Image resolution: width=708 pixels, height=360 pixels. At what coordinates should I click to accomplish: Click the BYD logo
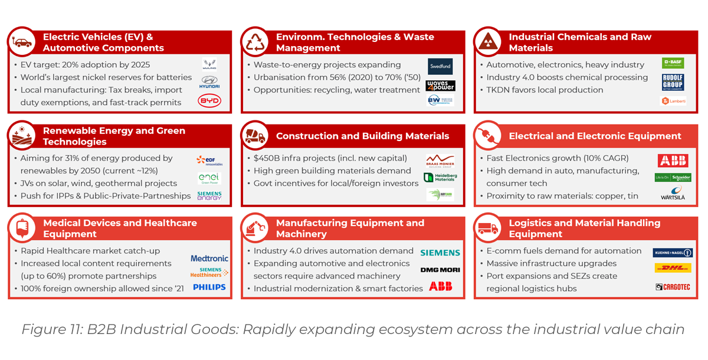tap(209, 101)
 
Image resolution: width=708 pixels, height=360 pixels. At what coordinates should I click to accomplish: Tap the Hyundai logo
tap(209, 82)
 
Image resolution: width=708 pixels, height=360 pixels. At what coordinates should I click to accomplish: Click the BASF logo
tap(673, 63)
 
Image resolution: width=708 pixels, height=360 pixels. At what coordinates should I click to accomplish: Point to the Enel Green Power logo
tap(209, 178)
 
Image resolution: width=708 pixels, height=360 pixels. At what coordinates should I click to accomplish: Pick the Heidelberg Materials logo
tap(440, 177)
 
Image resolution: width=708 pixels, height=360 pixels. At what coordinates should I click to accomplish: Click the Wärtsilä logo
tap(673, 194)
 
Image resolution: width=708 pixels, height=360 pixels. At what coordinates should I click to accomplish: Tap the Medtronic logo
tap(209, 258)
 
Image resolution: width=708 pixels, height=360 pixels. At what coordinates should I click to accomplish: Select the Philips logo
tap(209, 287)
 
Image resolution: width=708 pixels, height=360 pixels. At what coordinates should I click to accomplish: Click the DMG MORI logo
tap(440, 270)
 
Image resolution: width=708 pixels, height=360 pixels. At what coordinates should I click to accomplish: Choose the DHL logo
tap(673, 269)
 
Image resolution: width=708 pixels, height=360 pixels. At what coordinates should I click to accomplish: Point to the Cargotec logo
tap(673, 287)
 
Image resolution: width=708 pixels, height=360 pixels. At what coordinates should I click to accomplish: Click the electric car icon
tap(22, 42)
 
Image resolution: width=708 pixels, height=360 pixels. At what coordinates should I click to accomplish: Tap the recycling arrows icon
tap(255, 42)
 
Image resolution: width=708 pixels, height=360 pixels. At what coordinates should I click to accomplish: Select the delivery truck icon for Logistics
tap(489, 228)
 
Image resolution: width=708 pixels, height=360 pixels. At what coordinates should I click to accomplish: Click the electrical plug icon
tap(489, 136)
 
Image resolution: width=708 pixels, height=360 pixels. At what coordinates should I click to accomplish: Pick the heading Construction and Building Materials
tap(362, 136)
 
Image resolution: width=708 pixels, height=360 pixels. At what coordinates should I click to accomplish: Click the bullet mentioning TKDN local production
tap(545, 90)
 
